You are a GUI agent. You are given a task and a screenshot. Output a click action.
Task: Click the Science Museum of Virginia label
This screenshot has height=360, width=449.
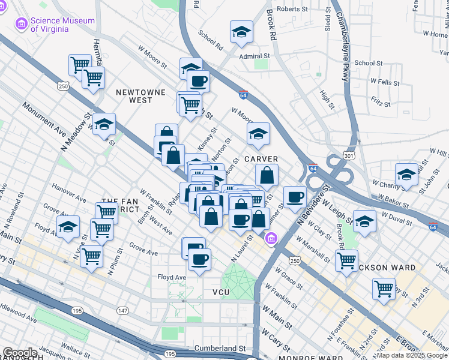[62, 25]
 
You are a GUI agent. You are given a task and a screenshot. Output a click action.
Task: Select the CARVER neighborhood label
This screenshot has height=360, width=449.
[261, 159]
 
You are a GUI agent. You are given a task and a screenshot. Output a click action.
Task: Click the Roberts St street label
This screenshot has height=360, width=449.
[292, 9]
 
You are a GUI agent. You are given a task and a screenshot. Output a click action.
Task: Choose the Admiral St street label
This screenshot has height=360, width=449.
[255, 55]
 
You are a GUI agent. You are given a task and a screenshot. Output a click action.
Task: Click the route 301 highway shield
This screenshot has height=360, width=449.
[349, 156]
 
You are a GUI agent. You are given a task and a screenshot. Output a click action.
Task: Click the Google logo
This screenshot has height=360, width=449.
[20, 353]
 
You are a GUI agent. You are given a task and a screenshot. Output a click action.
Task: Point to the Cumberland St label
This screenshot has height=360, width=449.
[220, 348]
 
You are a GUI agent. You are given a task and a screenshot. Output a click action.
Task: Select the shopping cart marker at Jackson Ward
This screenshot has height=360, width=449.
[347, 260]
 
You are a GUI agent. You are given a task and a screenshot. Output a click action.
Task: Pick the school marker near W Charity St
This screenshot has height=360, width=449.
[406, 174]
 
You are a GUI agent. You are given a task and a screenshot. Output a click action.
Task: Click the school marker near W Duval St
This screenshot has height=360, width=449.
[364, 221]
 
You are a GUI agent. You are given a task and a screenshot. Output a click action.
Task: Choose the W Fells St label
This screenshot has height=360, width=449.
[385, 80]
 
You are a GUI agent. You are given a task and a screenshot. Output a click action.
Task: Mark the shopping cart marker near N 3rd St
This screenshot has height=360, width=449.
[384, 289]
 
